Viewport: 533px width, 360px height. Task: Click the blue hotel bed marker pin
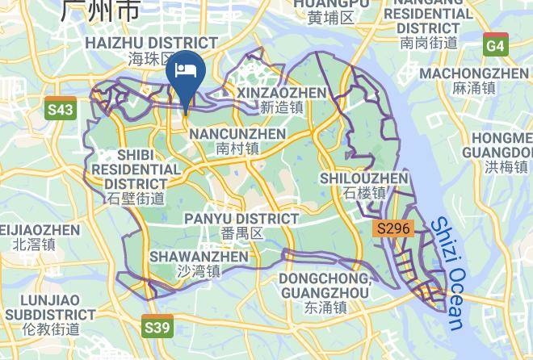point(187,71)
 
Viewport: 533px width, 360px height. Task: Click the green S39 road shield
point(157,327)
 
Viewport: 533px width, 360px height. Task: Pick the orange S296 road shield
point(393,228)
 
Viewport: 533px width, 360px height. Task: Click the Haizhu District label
point(151,43)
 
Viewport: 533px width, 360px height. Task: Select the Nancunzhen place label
point(237,133)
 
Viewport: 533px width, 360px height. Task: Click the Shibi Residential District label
point(136,169)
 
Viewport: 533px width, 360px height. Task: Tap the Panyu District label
point(241,219)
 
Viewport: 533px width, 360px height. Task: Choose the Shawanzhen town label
point(199,257)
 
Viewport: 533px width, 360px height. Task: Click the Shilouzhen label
point(364,178)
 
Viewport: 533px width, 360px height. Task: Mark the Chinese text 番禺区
point(242,234)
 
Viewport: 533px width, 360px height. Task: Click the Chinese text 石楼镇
point(364,193)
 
